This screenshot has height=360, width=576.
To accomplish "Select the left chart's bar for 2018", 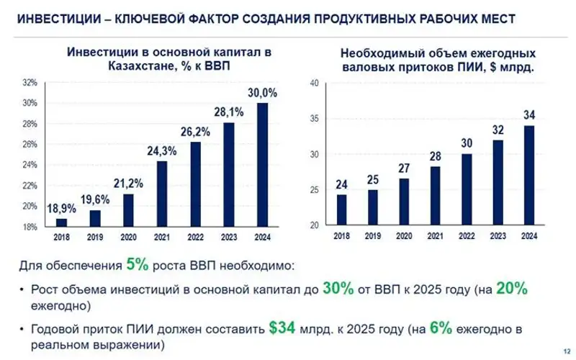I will click(x=61, y=222).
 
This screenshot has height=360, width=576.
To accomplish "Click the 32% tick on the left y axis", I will click(x=30, y=83).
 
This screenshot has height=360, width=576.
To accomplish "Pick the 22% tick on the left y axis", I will click(x=30, y=186).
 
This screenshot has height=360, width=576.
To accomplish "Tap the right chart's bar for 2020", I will click(x=404, y=202).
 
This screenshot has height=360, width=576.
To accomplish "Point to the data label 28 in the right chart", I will click(x=436, y=156).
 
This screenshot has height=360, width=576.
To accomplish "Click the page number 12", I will click(x=559, y=351).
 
